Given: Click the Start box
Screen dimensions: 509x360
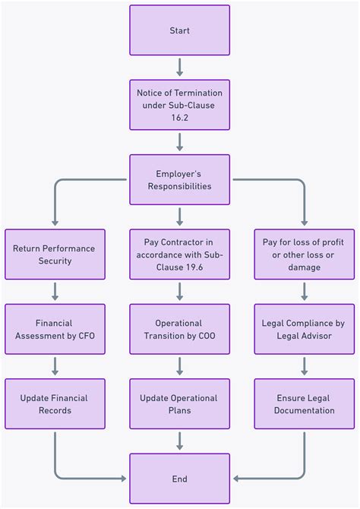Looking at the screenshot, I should pos(179,30).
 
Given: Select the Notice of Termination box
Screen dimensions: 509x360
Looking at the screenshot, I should pos(179,105).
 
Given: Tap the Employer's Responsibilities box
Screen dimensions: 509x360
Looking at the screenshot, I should pos(179,179).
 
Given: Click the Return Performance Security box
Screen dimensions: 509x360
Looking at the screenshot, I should pos(55,254).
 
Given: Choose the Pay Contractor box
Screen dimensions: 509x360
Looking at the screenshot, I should pos(179,254).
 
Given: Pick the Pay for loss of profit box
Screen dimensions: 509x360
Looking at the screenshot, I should pos(304,254).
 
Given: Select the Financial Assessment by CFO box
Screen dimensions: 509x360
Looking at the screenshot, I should pos(55,329).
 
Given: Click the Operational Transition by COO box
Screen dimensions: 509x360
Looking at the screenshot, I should pos(179,329).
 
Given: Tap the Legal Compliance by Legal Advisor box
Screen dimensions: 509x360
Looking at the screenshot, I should pos(304,329).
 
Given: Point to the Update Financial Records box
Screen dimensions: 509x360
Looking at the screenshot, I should pos(55,404).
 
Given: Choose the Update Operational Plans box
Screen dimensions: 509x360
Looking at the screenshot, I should pos(179,404).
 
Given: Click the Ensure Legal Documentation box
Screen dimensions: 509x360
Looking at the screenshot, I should pos(304,404).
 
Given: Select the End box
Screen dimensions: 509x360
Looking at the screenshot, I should pos(179,479).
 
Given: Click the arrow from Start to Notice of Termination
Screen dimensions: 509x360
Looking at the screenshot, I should pos(179,68).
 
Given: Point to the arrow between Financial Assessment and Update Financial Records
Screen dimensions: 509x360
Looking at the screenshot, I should pos(55,366).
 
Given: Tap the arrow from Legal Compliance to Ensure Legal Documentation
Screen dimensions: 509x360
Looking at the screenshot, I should pos(304,366).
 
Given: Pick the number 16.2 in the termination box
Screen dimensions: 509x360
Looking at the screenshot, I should pos(179,118).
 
